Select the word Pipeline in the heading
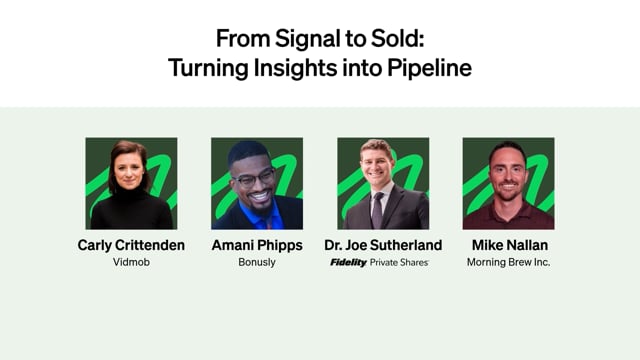[x=429, y=69]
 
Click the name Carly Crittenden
[x=131, y=245]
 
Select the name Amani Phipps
[x=257, y=245]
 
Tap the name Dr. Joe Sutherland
[x=383, y=245]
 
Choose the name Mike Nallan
[x=510, y=245]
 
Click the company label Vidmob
[x=131, y=262]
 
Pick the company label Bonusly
[x=257, y=262]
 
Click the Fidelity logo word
[x=348, y=262]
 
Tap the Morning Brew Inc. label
[x=509, y=262]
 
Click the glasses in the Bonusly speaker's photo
[x=253, y=179]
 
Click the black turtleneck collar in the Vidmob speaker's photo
[x=130, y=194]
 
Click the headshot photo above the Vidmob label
[x=131, y=183]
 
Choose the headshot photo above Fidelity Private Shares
[x=383, y=183]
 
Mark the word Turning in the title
[x=208, y=69]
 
